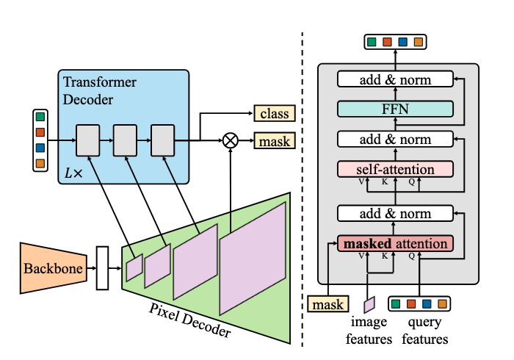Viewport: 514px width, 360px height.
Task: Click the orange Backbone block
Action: tap(52, 265)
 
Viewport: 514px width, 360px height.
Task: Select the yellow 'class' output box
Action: tap(274, 114)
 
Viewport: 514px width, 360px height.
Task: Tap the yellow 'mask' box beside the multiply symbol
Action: tap(274, 140)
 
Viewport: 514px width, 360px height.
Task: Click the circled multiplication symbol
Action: tap(231, 140)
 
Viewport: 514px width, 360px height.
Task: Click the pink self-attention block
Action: tap(395, 169)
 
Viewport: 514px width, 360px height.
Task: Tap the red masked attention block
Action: tap(395, 243)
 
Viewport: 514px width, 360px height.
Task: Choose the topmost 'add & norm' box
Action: tap(395, 79)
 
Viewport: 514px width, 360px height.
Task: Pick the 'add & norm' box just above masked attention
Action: tap(395, 214)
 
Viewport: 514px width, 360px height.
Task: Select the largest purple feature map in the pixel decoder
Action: tap(252, 257)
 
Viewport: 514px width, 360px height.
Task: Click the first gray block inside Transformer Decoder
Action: tap(87, 140)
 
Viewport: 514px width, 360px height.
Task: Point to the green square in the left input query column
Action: tap(40, 117)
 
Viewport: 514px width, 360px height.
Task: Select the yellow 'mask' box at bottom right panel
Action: tap(327, 303)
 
